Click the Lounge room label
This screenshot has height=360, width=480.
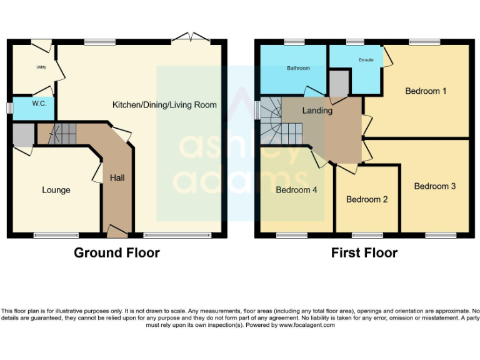(x=56, y=190)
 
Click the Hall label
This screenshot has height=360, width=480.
(x=117, y=178)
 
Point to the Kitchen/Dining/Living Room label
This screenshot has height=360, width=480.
(x=164, y=104)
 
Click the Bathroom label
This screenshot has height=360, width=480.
(x=298, y=68)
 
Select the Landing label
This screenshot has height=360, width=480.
(x=317, y=111)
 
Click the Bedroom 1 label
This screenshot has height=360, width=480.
(x=426, y=91)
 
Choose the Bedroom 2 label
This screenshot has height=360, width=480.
(x=367, y=199)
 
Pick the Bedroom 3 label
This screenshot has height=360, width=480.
(x=434, y=186)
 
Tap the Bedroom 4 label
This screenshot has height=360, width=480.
(x=297, y=190)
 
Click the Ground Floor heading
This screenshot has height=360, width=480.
(x=117, y=253)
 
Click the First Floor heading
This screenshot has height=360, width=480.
(x=364, y=253)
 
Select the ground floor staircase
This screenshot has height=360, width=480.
(x=62, y=132)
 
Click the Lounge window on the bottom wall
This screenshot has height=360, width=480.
(x=56, y=236)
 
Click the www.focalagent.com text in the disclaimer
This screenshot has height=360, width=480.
(x=307, y=325)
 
